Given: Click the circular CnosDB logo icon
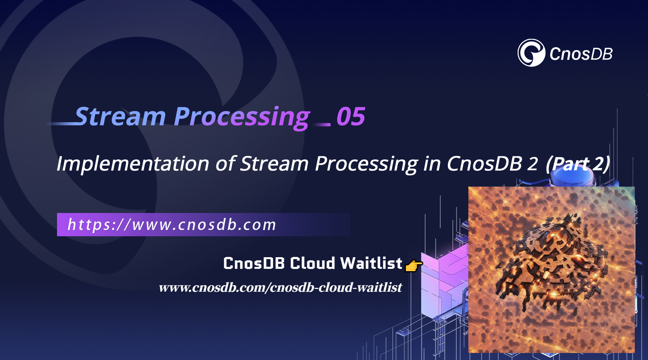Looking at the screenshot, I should coord(531,53).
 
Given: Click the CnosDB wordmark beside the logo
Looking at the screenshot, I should coord(581,54).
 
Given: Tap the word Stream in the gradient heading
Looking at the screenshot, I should coord(121,116).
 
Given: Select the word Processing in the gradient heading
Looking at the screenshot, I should coord(241,116).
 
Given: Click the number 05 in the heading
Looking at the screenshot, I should coord(350,116).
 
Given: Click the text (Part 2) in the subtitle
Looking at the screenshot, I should coord(577,164).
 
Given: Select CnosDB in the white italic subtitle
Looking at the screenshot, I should coord(484,163).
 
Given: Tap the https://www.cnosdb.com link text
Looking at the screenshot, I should coord(172,225).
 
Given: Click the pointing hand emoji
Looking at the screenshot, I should coord(413,266).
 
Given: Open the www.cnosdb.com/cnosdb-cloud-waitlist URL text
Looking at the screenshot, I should coord(280,287).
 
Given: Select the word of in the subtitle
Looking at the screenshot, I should coord(225,163).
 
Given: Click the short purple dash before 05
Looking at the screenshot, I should coord(322,125).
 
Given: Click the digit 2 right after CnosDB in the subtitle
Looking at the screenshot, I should coord(533,164).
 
